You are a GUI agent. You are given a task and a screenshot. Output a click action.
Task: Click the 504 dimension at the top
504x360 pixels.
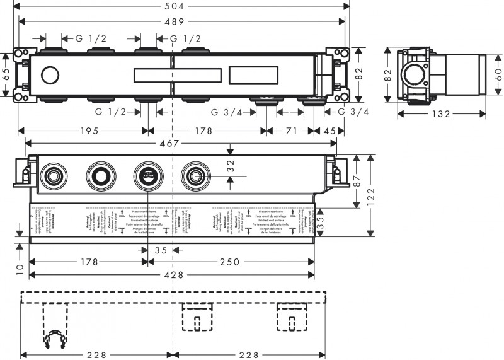(x=183, y=6)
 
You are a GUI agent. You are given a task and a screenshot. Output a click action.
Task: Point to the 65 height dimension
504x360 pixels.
(x=6, y=74)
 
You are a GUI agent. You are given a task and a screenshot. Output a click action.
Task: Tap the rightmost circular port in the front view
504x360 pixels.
(x=194, y=175)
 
